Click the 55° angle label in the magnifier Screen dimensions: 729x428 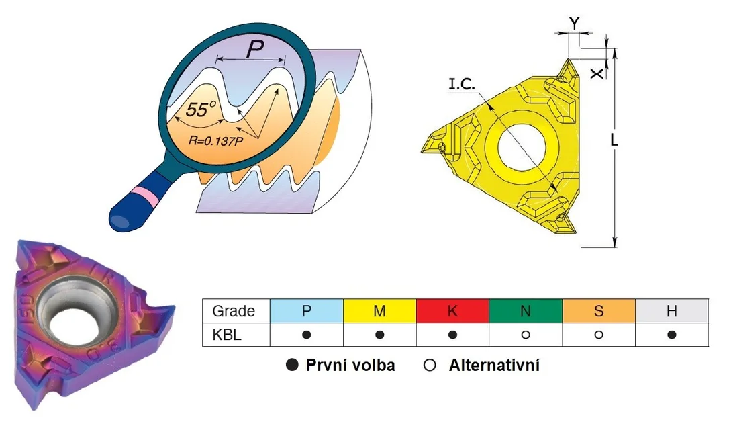[201, 109]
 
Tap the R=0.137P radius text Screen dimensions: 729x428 [215, 140]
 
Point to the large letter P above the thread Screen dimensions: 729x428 [255, 49]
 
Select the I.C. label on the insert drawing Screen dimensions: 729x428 [462, 84]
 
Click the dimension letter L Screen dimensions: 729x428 [614, 140]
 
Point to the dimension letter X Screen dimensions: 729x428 [597, 73]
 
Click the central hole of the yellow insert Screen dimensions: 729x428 [521, 146]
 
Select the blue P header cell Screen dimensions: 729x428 [306, 311]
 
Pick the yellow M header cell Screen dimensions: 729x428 [380, 311]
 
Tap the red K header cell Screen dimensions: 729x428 [452, 311]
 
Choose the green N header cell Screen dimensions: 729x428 [526, 311]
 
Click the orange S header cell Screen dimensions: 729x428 [599, 311]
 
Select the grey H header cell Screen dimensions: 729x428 [672, 311]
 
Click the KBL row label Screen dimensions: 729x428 [227, 335]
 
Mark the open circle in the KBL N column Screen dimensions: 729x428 [526, 335]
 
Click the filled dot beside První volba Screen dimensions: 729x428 [292, 365]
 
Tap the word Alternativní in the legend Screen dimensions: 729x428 [494, 366]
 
